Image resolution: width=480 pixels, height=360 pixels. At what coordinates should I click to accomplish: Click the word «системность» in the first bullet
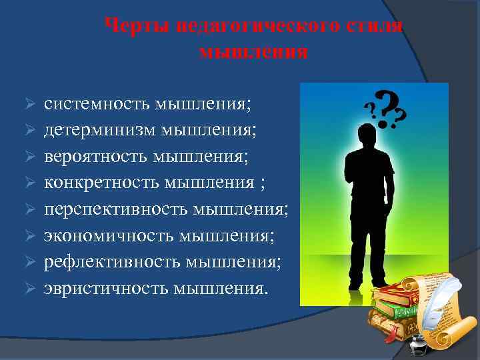97,105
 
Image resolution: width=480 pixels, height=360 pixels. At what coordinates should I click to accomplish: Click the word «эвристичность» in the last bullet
107,287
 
